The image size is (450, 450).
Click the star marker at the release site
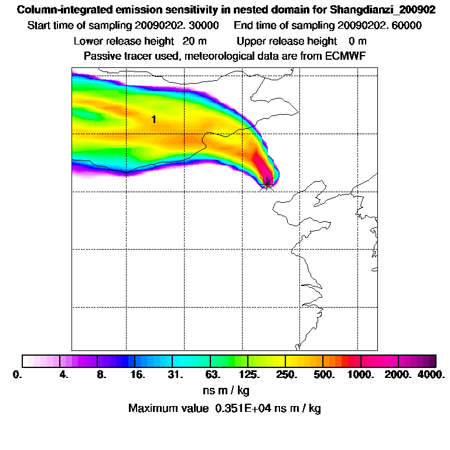(x=267, y=183)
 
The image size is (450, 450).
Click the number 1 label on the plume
(x=154, y=120)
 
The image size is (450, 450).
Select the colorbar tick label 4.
(x=64, y=375)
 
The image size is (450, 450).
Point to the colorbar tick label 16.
(x=137, y=375)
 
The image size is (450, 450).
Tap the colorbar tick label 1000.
(x=361, y=375)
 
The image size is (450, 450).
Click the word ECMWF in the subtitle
(x=347, y=56)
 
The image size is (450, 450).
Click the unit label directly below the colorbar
(x=224, y=390)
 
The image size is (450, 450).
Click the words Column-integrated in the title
(x=59, y=11)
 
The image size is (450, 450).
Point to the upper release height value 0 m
(x=357, y=41)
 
